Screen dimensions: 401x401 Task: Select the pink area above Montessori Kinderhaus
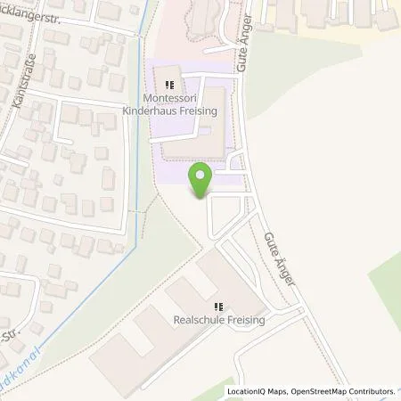tap(192, 27)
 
